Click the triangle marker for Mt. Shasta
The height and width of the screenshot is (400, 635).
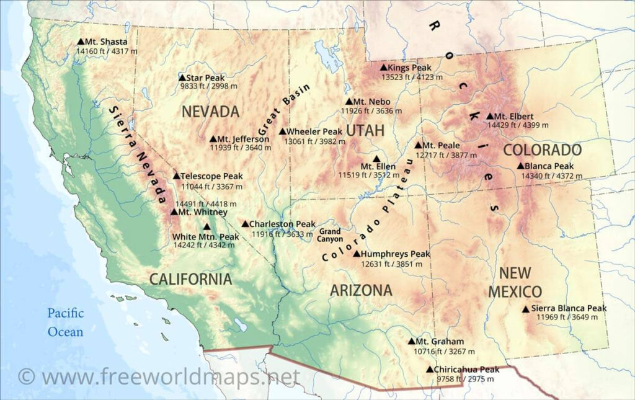point(81,42)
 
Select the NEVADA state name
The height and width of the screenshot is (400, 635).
point(210,112)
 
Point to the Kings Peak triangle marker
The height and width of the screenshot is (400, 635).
point(383,68)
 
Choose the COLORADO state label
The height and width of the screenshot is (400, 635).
point(542,150)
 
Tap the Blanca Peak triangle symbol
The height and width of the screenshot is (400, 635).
point(520,166)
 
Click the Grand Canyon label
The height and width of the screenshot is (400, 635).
point(330,235)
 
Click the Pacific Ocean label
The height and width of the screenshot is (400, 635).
point(66,322)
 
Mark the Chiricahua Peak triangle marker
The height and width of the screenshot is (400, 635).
point(430,370)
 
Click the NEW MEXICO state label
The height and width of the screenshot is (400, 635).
point(515,282)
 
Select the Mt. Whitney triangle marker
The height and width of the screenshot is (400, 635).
point(174,212)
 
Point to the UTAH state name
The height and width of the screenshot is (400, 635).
point(365,131)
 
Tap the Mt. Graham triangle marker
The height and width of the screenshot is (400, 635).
point(411,341)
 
